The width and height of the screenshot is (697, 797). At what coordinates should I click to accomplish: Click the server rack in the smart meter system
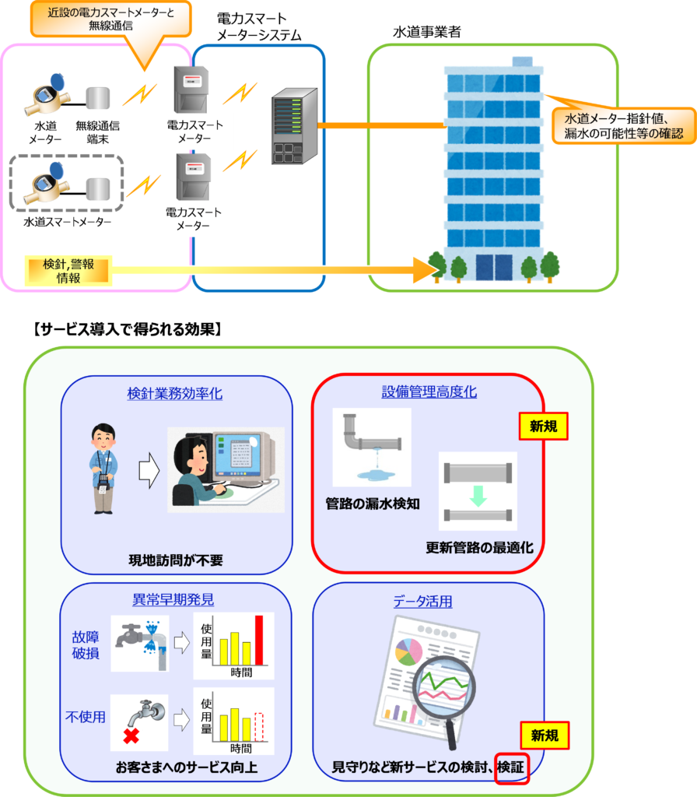pos(295,126)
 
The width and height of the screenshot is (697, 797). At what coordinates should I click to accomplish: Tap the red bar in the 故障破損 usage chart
pos(259,641)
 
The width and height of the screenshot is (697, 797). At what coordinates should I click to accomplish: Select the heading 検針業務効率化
pos(175,393)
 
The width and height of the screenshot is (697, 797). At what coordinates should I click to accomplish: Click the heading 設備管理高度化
pos(429,391)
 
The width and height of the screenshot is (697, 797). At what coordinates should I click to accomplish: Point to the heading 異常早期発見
pos(173,600)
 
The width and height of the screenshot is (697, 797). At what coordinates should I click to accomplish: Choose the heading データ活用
pos(422,602)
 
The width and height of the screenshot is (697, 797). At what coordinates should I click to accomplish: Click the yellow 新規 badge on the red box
pos(544,426)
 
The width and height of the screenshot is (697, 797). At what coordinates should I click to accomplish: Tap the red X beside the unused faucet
pos(131,736)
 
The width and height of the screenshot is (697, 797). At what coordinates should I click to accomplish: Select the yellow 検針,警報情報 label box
pos(68,270)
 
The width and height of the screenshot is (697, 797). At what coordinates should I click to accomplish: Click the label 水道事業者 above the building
pos(427,32)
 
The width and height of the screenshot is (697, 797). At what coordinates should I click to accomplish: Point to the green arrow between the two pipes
pos(478,496)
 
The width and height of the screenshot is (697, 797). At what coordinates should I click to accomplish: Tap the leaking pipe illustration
pos(372,448)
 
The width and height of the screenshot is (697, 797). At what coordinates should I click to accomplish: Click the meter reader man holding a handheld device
pos(103,469)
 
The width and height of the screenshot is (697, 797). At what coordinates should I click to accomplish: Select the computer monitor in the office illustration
pos(243,455)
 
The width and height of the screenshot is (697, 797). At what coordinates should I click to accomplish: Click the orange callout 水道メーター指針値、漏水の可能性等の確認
pos(624,125)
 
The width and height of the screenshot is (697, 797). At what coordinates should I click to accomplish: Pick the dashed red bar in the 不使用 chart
pos(259,727)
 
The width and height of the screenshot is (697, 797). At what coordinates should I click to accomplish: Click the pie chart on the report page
pos(409,651)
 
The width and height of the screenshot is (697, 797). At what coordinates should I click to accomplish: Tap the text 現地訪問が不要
pos(176,560)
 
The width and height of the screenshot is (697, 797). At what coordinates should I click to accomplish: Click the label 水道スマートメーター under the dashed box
pos(67,222)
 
